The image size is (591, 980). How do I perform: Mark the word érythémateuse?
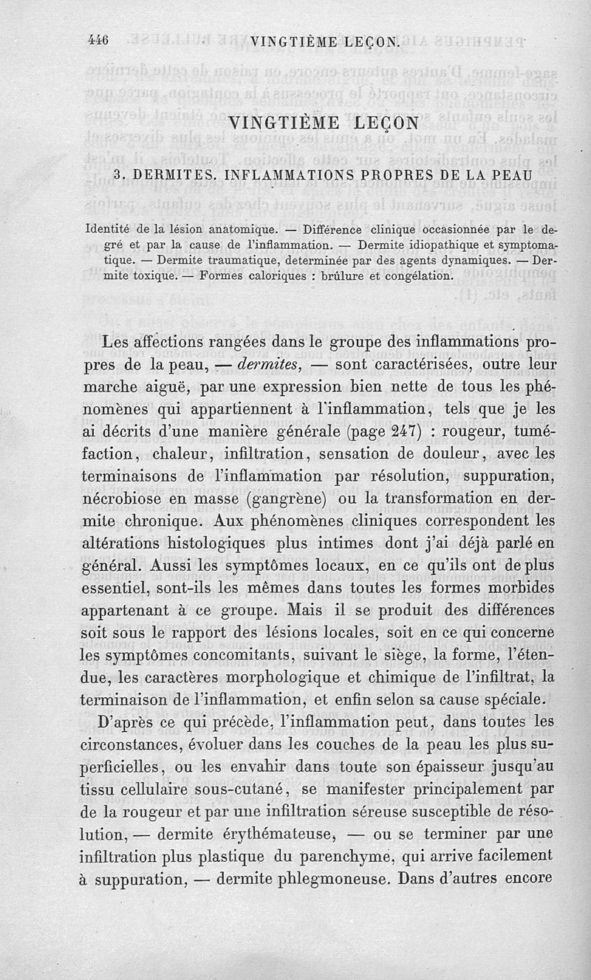pos(272,835)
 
